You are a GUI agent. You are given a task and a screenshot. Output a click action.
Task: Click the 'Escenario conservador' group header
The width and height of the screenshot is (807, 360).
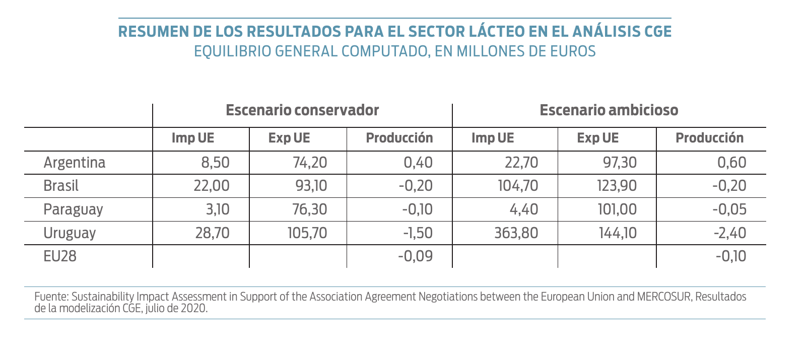point(302,110)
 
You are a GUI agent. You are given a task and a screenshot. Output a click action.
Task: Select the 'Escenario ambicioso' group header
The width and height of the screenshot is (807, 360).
point(609,110)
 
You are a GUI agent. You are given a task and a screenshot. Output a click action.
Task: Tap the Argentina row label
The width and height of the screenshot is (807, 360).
point(75,163)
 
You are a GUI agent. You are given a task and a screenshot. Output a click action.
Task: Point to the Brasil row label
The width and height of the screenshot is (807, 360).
point(61,186)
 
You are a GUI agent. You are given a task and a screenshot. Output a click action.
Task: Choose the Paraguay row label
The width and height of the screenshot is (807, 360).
point(73,209)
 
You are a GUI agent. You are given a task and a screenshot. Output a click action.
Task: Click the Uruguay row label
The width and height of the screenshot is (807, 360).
point(70,233)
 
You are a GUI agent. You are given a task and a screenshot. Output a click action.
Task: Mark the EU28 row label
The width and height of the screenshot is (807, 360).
point(60,256)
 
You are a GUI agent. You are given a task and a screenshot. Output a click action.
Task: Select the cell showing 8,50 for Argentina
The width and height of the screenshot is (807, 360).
point(215,163)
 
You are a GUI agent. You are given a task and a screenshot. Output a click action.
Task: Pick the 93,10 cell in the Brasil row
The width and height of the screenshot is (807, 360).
point(311,186)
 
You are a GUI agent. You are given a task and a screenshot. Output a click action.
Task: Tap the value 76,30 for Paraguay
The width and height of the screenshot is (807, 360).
point(310,209)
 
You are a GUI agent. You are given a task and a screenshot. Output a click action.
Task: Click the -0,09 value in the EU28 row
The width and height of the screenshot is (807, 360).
point(415,256)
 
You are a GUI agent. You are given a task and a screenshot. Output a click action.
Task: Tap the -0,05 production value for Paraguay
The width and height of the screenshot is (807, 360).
point(729,209)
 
